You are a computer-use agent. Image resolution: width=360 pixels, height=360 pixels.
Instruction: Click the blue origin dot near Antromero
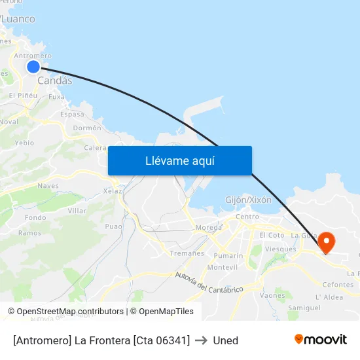coord(33,67)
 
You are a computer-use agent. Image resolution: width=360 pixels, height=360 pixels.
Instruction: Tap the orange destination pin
coord(325,242)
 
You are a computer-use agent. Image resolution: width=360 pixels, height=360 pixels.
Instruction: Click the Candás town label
coord(55,81)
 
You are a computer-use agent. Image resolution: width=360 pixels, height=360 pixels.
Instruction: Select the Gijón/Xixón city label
coord(248,200)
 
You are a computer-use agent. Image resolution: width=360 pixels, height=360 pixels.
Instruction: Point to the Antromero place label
coord(33,56)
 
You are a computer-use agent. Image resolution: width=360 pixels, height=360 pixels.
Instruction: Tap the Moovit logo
coord(320,339)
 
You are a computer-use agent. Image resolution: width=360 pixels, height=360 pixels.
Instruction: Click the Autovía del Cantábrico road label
coord(209,283)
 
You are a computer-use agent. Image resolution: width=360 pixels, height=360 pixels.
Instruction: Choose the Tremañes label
coord(187,253)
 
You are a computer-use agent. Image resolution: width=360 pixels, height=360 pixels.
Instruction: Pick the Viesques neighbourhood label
coord(280,249)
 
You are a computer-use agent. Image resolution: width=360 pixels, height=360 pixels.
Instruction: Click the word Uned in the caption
coord(225,340)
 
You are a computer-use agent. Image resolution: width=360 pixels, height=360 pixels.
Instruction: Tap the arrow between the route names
coord(201,340)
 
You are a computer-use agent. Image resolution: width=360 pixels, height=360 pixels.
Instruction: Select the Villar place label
coord(77,211)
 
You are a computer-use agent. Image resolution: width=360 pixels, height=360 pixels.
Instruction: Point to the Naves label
coord(48,186)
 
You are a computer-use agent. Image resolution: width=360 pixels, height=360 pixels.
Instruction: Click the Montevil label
coord(222,267)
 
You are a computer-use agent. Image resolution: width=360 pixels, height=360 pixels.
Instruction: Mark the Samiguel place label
coord(304,308)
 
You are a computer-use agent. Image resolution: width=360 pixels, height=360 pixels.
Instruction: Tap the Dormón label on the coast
coord(87,128)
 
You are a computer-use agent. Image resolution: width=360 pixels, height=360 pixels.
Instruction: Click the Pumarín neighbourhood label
coord(228,256)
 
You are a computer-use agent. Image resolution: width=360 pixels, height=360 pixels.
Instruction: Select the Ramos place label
coord(29,233)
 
